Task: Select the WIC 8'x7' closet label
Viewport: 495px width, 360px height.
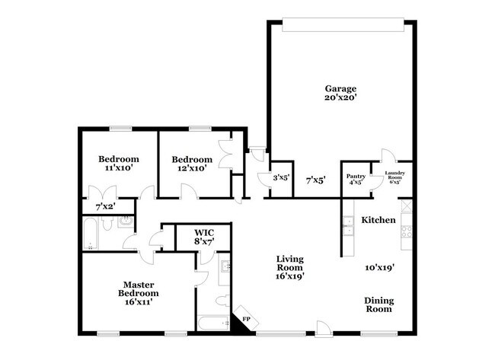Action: point(203,236)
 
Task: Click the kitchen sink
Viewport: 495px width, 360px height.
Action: point(347,223)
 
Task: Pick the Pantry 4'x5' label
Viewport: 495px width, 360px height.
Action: point(356,179)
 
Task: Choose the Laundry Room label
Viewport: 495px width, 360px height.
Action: point(394,178)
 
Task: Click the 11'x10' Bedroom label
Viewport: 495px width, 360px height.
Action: point(118,164)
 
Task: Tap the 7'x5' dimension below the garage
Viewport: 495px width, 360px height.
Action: point(315,180)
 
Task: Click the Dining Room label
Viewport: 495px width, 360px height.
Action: point(377,304)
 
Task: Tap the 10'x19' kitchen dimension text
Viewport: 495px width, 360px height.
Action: point(377,268)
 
